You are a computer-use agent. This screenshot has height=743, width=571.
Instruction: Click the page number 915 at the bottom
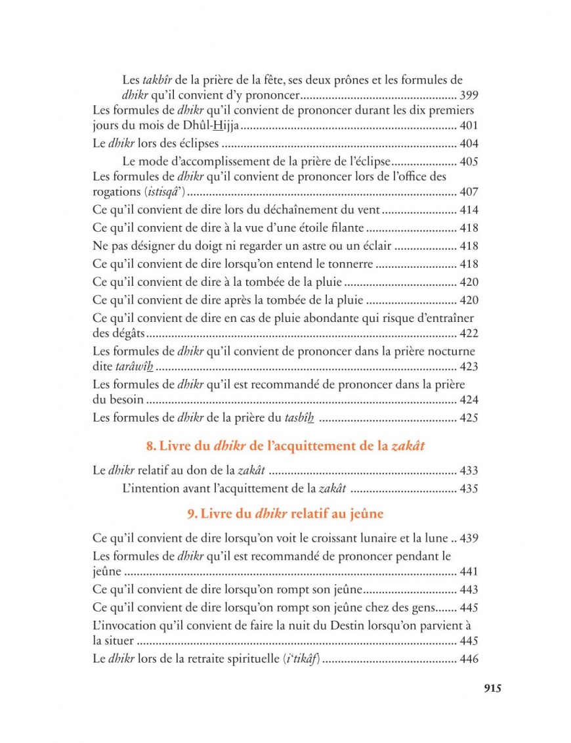[x=492, y=688]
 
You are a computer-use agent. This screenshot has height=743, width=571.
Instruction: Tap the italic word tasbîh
[x=300, y=417]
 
